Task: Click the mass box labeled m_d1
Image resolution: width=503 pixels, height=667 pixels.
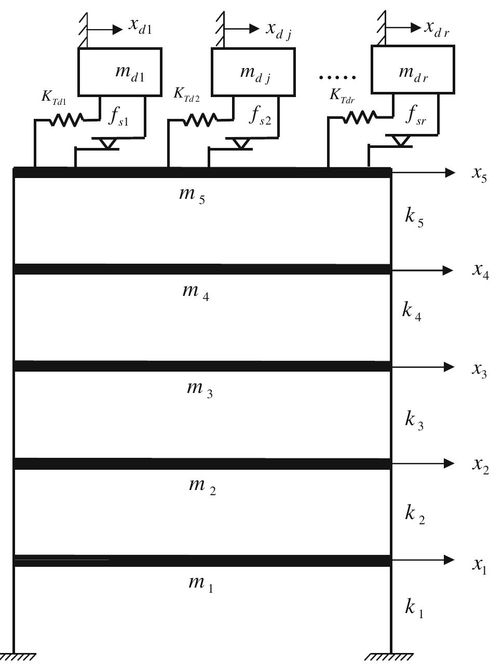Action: click(x=119, y=72)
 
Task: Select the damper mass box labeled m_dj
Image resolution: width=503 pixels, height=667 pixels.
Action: click(x=253, y=72)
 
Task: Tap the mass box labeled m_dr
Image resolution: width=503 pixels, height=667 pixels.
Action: click(x=413, y=70)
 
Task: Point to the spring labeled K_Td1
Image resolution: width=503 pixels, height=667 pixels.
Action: click(x=66, y=120)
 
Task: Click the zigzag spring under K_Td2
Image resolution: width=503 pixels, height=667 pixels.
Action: click(x=200, y=120)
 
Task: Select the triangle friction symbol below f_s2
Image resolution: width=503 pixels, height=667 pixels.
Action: click(x=240, y=143)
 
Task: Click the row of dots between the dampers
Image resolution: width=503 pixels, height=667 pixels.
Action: click(x=337, y=78)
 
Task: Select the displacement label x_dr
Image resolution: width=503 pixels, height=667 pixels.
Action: click(x=437, y=28)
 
